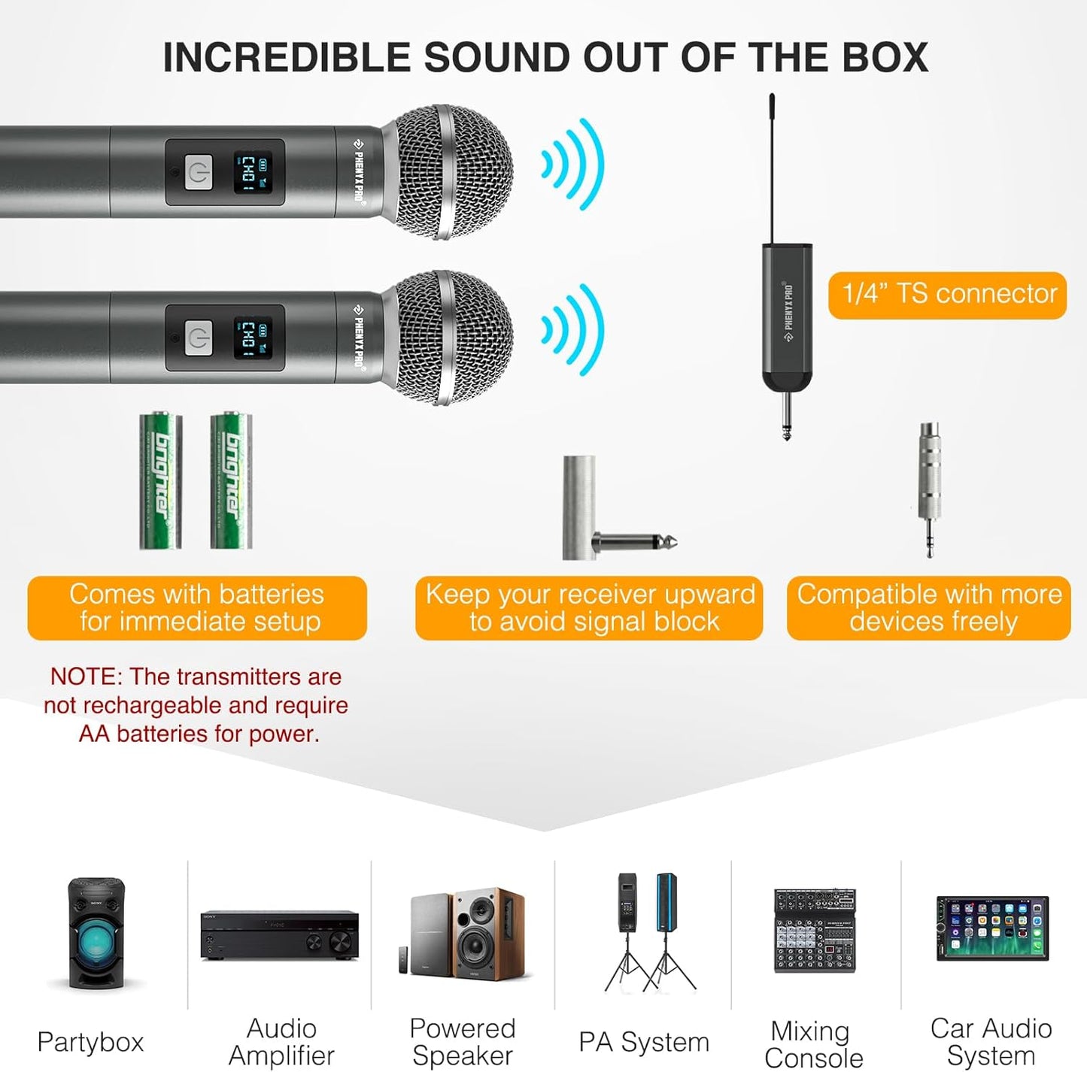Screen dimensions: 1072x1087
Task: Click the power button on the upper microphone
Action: [199, 173]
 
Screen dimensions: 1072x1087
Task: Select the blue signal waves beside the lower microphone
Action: [573, 330]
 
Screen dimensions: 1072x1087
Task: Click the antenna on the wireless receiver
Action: [773, 165]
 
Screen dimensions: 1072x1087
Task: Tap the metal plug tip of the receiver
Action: [786, 421]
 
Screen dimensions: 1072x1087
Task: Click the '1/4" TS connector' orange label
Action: [947, 295]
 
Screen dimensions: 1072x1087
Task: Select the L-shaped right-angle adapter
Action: [594, 519]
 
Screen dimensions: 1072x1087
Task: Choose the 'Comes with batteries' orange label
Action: [197, 608]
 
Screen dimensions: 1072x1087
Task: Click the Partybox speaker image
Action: [95, 933]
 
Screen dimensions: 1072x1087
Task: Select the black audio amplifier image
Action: [279, 935]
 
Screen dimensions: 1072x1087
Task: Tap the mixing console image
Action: [815, 930]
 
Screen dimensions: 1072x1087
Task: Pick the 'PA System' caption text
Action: [644, 1042]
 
